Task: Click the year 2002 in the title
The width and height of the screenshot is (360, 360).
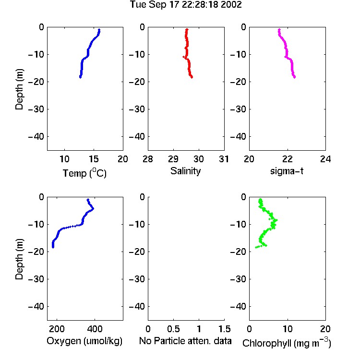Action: point(231,5)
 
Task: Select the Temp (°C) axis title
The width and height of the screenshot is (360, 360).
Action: point(84,173)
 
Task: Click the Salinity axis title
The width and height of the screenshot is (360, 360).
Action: point(185,171)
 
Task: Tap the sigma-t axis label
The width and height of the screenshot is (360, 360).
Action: point(287,171)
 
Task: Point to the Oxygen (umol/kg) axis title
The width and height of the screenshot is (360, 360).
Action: point(84,341)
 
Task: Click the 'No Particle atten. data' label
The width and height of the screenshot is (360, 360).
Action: point(185,341)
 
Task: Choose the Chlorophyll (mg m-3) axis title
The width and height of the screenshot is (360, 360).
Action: point(287,343)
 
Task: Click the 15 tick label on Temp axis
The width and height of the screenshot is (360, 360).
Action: point(94,159)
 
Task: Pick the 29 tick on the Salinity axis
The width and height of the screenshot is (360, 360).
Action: point(173,159)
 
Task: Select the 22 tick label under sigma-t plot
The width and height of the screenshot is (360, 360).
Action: point(288,159)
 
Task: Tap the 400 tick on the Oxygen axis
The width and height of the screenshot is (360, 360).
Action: point(95,329)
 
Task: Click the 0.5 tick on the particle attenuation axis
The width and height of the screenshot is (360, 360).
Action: point(173,329)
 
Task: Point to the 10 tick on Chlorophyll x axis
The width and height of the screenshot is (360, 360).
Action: point(288,329)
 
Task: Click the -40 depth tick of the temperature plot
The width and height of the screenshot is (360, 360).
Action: point(36,137)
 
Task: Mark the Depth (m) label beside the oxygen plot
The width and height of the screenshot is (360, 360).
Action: point(19,259)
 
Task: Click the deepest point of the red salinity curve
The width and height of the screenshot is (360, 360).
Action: point(192,77)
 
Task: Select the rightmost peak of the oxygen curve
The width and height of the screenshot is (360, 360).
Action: point(93,209)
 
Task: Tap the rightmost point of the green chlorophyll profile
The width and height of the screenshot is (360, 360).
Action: point(276,220)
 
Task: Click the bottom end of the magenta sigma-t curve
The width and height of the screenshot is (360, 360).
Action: point(294,77)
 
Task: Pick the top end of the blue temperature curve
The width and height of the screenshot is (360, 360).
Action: point(99,30)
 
